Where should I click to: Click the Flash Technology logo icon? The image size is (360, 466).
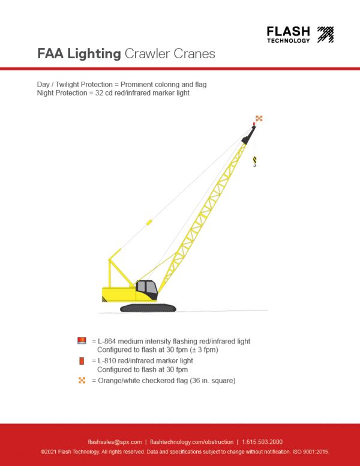click(325, 34)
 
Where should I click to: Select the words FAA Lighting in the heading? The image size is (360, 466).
click(79, 54)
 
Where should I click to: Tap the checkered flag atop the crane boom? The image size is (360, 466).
click(259, 118)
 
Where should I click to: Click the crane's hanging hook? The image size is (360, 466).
click(254, 161)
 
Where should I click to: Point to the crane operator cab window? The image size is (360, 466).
click(148, 289)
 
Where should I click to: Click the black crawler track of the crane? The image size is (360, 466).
click(148, 307)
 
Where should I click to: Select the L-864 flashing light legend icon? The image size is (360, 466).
click(82, 340)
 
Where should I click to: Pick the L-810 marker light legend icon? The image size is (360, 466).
click(82, 361)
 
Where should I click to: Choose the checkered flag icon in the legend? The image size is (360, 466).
click(82, 381)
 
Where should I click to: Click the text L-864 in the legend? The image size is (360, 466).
click(110, 341)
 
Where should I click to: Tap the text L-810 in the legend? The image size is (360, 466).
click(110, 361)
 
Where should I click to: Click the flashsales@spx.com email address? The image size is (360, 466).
click(115, 442)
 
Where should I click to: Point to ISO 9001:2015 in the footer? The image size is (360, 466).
click(308, 451)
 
